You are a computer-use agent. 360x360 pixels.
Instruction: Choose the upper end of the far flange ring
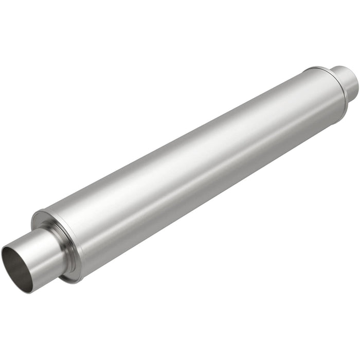click(x=311, y=68)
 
